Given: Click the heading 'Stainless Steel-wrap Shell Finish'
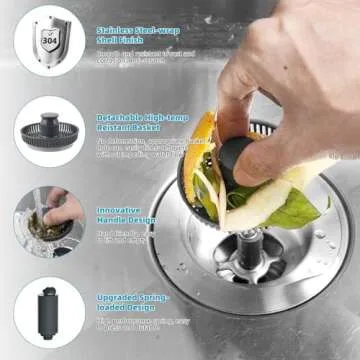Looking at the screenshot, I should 135,35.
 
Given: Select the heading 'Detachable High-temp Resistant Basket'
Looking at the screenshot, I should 140,122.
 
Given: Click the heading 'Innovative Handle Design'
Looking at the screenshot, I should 126,214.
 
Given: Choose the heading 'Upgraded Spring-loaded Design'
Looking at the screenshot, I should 131,303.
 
